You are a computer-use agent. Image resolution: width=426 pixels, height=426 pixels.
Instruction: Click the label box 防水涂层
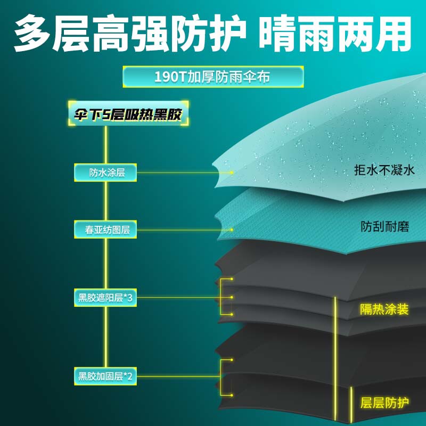tap(106, 173)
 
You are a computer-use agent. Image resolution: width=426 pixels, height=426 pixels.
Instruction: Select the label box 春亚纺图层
tap(106, 230)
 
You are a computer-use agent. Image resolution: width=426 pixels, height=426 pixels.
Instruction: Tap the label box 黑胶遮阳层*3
tap(106, 298)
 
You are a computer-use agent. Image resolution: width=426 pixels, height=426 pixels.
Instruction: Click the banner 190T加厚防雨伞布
tap(212, 77)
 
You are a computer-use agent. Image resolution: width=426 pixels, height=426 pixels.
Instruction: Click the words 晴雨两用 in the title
tap(336, 33)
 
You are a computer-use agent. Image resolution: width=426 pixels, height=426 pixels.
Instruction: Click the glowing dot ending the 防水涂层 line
tap(232, 173)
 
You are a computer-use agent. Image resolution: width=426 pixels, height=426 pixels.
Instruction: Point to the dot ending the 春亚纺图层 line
tap(232, 230)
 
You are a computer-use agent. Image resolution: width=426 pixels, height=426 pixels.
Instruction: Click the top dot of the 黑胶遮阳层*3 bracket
tap(232, 279)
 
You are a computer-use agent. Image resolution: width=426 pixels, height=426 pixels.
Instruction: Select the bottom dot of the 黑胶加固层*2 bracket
tap(232, 395)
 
